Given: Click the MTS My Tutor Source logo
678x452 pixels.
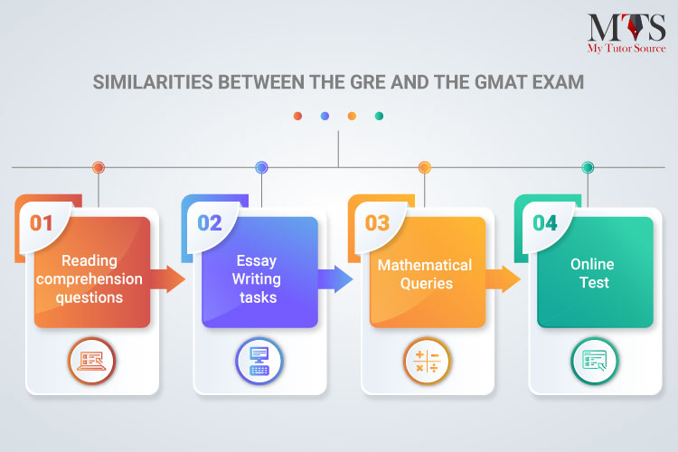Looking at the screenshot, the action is coord(626,33).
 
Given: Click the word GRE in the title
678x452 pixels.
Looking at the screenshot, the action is coord(366,82).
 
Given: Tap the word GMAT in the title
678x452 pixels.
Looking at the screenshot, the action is coord(500,82).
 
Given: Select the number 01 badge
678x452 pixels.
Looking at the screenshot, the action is coord(41,223).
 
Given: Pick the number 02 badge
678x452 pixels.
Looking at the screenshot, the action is coord(210,223).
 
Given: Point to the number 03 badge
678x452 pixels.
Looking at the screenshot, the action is coord(377,223).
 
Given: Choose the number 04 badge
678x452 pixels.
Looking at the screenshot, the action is coord(545,223).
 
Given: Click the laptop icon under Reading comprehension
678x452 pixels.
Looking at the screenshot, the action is coord(91,362).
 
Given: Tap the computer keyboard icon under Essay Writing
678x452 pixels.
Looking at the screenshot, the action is coord(259,362).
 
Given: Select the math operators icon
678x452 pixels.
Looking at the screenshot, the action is coord(427,362).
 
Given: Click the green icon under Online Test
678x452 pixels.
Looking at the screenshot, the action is coord(595,362).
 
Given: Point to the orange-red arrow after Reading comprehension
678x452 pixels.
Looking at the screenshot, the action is coord(168,279).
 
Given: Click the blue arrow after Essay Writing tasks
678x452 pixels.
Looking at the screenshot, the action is coord(335,279).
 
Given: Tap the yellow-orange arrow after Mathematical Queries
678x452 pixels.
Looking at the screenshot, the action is coord(503,279).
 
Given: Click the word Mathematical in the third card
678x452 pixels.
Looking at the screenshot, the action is coord(425,265).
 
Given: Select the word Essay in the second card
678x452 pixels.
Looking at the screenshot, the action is coord(257,261).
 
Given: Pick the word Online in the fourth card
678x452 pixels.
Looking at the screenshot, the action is coord(592,264).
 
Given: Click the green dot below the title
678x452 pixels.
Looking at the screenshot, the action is coord(379,116).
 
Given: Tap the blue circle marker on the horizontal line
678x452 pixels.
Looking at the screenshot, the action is coord(261,167).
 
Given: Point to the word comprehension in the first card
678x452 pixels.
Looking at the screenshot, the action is coord(89,279).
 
